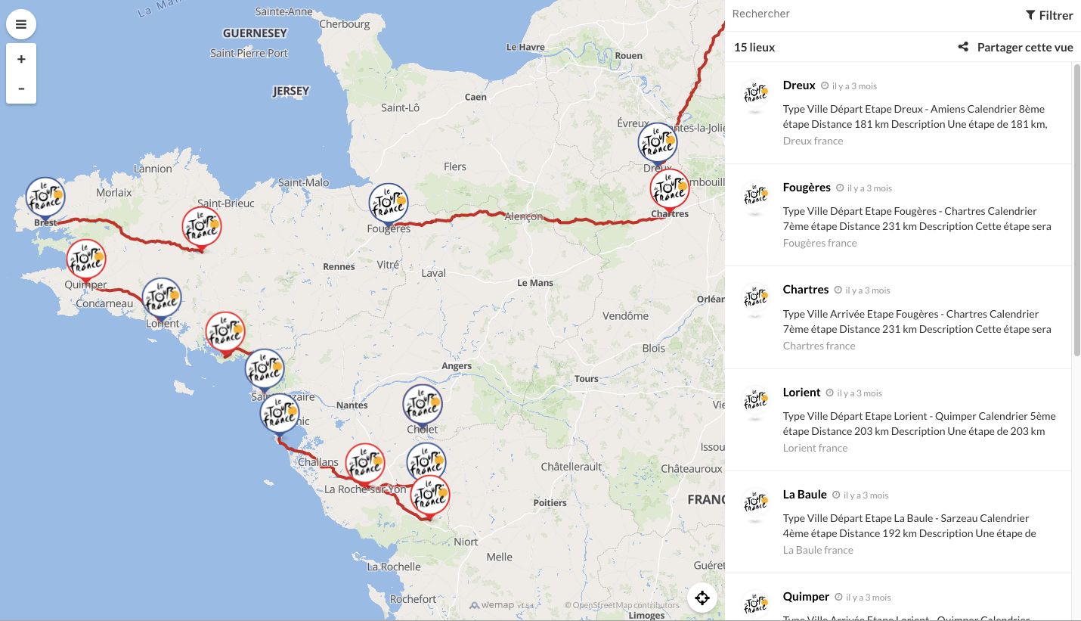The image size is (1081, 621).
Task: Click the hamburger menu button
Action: (21, 24)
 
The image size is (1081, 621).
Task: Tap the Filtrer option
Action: (1049, 15)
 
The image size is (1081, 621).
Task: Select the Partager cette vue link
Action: (1016, 47)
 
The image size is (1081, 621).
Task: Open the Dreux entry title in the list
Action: (799, 85)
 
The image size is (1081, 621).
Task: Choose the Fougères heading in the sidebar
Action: (807, 188)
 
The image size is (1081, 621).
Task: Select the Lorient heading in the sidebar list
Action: (801, 393)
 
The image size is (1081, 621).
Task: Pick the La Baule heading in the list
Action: (804, 495)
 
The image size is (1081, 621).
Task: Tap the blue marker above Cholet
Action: (423, 404)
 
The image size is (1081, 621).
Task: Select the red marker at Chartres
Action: (670, 189)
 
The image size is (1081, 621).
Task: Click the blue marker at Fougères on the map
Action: (389, 203)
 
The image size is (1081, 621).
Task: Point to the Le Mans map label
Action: (535, 283)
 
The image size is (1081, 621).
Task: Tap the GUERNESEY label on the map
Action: (255, 33)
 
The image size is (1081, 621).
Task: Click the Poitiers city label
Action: (550, 502)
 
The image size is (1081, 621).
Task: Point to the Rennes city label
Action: (339, 266)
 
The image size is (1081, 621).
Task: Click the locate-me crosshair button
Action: (702, 598)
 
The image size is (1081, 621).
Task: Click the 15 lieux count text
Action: (754, 47)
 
